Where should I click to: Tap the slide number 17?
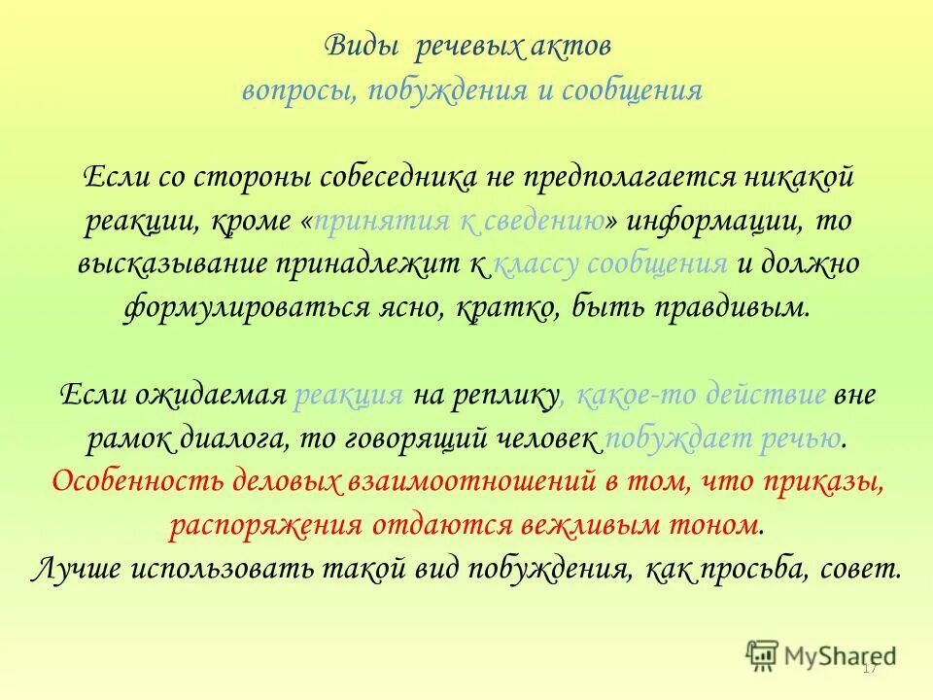[870, 668]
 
